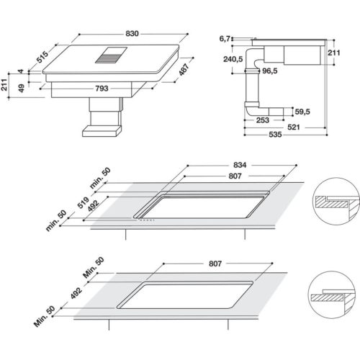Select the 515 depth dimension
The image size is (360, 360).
(42, 56)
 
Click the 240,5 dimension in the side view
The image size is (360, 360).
(232, 60)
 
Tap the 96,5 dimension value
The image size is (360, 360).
(270, 72)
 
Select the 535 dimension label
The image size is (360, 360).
(276, 135)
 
